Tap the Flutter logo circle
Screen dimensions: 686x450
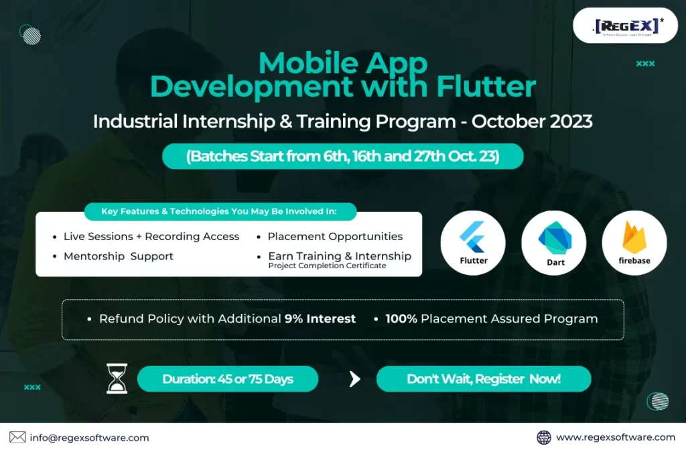point(473,243)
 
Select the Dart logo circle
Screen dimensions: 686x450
point(554,243)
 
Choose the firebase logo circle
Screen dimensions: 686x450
point(634,243)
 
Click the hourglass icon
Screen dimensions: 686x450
point(117,379)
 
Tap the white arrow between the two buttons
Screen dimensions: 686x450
point(355,379)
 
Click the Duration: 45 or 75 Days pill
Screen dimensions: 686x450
point(228,379)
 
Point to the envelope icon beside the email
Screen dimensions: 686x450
point(17,437)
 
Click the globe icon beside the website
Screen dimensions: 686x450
point(544,437)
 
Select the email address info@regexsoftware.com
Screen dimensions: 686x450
point(89,438)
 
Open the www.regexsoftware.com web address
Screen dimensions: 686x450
point(616,437)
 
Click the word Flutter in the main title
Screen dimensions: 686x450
point(486,87)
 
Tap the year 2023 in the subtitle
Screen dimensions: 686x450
point(571,121)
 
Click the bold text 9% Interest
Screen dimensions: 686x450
point(320,319)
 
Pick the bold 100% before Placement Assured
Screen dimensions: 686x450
point(401,319)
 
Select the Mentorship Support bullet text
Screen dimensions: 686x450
point(119,256)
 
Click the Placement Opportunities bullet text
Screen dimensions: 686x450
point(335,237)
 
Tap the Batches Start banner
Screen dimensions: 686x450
point(343,156)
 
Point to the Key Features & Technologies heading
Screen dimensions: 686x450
point(219,211)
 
